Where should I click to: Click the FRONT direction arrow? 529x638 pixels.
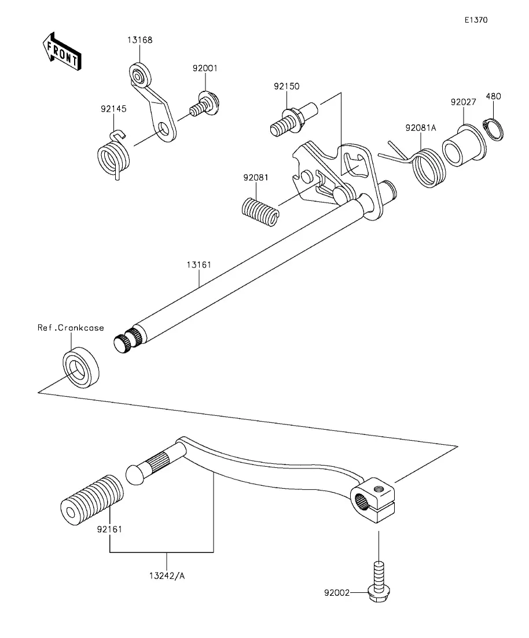point(61,51)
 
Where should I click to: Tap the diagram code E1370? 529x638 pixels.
point(476,20)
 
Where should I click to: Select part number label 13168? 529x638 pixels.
point(139,40)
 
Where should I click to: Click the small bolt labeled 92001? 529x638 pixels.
point(204,105)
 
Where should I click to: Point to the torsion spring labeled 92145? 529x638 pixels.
point(113,155)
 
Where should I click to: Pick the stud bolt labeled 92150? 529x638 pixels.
point(293,119)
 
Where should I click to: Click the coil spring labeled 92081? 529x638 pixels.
point(260,211)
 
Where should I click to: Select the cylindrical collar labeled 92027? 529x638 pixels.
point(464,146)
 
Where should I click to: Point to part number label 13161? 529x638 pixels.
point(199,265)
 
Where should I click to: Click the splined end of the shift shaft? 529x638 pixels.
point(127,339)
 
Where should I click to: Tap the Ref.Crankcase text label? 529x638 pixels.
point(71,328)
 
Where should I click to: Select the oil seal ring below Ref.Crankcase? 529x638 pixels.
point(80,367)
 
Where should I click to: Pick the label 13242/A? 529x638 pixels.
point(167,576)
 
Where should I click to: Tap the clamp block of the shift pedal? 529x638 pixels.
point(373,500)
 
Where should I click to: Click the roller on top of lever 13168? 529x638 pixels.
point(140,75)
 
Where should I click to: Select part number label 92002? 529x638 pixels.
point(337,593)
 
